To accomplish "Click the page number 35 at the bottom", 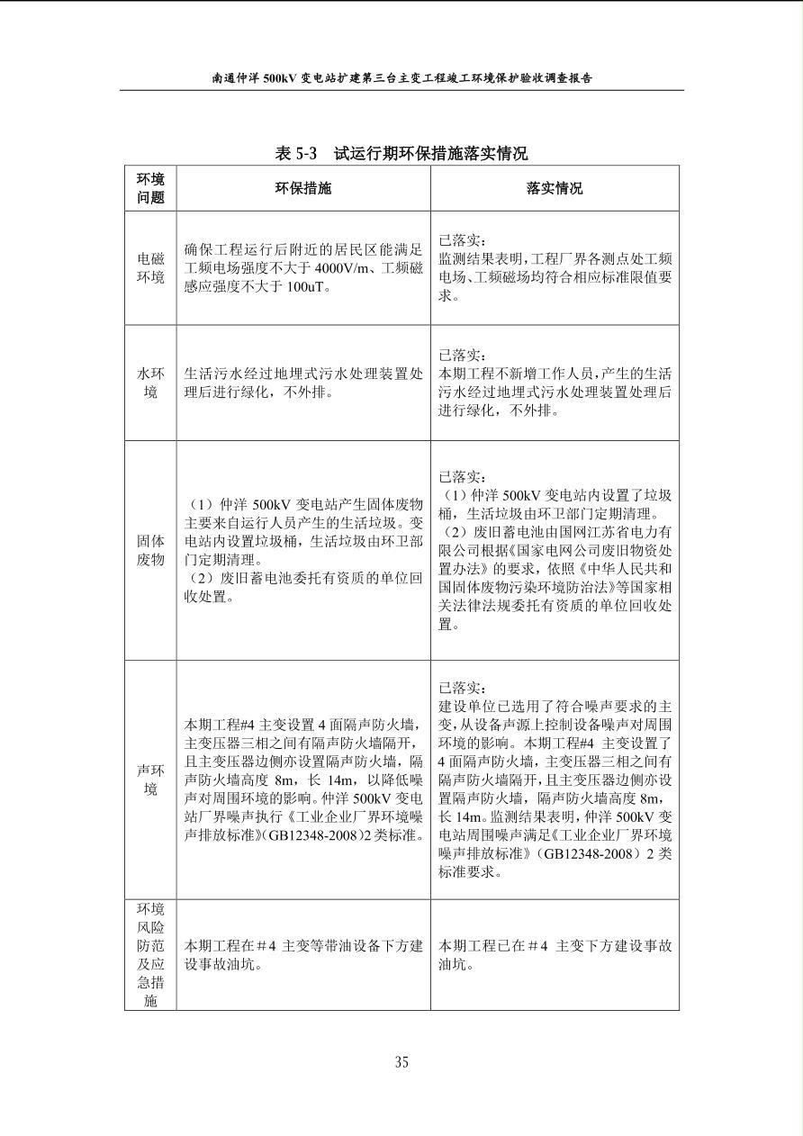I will click(x=401, y=1061).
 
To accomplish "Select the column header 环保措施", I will click(x=302, y=188).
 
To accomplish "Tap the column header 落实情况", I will click(x=554, y=188).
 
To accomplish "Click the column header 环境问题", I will click(x=150, y=188).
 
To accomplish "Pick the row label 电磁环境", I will click(x=150, y=268).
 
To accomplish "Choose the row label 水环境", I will click(x=150, y=383).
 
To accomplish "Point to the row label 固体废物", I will click(x=150, y=550).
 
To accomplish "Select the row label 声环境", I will click(x=150, y=780).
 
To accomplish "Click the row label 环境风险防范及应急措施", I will click(x=150, y=954).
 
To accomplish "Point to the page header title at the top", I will click(x=401, y=78).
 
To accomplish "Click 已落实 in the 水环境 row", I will click(x=462, y=356).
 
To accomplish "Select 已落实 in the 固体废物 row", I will click(x=462, y=476).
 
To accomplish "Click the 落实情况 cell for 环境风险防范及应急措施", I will click(x=554, y=955).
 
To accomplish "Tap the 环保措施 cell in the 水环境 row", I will click(x=302, y=383).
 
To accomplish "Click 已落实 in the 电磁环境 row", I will click(x=462, y=240).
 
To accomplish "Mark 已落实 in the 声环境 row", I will click(x=462, y=688).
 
